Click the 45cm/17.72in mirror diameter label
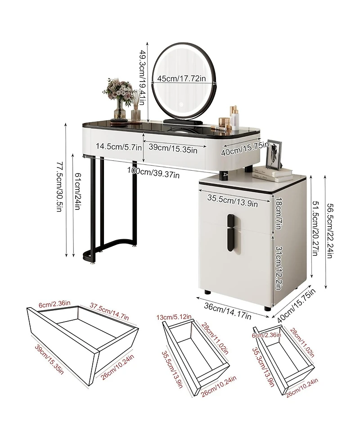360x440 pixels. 181,78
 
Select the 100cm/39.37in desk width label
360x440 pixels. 153,172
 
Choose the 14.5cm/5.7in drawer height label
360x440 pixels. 119,146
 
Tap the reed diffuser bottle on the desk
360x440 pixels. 136,110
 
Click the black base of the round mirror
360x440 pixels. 182,120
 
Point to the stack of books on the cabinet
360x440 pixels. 272,173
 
